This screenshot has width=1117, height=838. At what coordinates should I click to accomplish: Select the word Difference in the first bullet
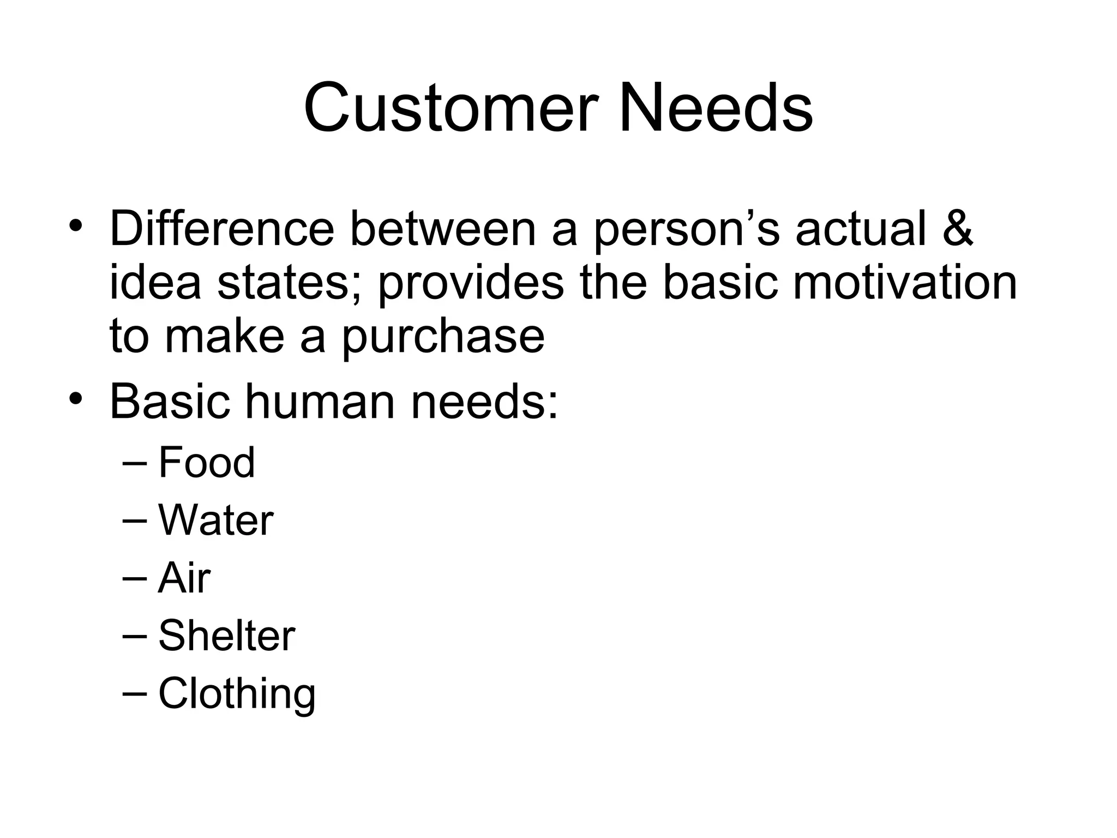tap(221, 229)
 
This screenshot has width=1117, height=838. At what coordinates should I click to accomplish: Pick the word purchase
tap(443, 337)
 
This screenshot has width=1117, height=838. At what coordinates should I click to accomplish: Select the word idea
tap(155, 283)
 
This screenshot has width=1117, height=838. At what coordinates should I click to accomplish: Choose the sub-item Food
tap(206, 462)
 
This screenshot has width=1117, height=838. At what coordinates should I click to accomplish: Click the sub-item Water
tap(215, 520)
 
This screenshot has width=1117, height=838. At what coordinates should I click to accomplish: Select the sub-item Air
tap(184, 578)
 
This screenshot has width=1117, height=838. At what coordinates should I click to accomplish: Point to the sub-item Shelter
tap(226, 636)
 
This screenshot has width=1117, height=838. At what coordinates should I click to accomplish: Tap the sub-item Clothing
tap(237, 695)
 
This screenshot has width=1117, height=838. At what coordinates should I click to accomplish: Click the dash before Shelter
tap(135, 636)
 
